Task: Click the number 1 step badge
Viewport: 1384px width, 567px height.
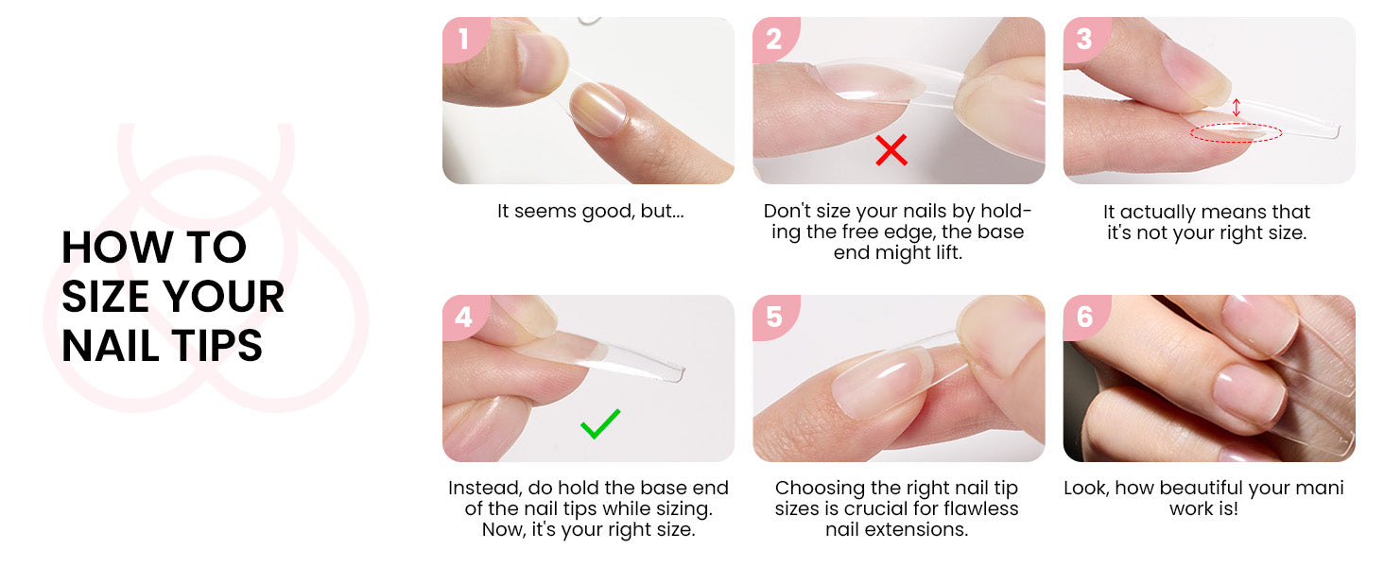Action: (x=464, y=39)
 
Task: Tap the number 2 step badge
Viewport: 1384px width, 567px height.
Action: (x=775, y=39)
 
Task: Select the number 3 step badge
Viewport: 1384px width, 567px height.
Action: (x=1085, y=39)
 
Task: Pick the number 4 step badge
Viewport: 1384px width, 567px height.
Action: (x=464, y=317)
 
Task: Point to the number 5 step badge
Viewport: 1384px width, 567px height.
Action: (x=775, y=317)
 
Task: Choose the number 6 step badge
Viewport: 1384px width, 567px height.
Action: (x=1085, y=317)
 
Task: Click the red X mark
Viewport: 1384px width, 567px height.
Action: (x=891, y=150)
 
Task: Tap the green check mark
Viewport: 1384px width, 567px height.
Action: (x=600, y=423)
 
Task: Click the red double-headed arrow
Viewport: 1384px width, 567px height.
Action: (x=1236, y=108)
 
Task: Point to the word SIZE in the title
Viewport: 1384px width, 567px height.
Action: (x=105, y=297)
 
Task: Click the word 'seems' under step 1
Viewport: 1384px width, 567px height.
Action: (x=545, y=212)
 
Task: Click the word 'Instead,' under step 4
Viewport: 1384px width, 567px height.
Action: (x=486, y=488)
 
